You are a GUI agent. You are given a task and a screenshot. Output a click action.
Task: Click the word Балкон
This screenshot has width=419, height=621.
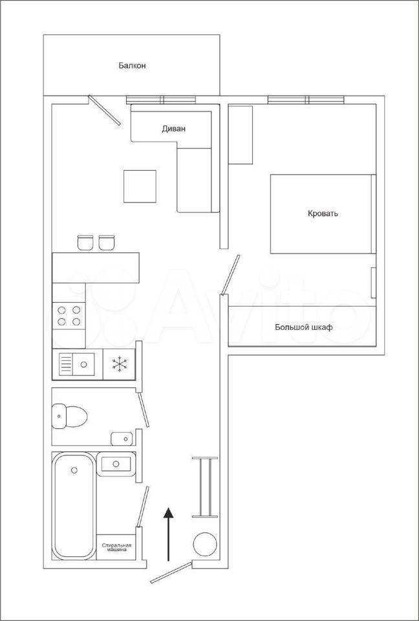(132, 66)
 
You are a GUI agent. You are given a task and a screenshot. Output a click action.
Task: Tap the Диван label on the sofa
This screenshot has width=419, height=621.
(173, 129)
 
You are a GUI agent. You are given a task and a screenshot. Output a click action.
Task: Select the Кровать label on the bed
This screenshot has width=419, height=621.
(323, 214)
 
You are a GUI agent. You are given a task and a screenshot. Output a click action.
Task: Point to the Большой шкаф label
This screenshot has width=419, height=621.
(304, 327)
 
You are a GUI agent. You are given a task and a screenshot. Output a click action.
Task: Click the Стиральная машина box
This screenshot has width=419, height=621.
(116, 547)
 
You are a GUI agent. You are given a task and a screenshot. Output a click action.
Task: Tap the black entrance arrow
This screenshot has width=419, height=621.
(169, 534)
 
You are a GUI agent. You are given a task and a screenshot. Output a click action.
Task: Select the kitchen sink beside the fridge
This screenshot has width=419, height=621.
(77, 364)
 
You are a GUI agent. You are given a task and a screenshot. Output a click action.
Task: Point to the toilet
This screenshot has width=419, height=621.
(69, 416)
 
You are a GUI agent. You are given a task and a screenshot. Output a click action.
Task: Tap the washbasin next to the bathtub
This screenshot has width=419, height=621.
(116, 464)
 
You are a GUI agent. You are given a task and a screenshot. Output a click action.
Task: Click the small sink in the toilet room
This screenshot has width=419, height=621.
(122, 439)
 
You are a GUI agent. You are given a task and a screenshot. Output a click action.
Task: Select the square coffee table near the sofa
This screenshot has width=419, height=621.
(140, 186)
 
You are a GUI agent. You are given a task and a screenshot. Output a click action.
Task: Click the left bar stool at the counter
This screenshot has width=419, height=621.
(85, 243)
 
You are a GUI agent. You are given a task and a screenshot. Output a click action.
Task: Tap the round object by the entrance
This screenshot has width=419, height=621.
(205, 544)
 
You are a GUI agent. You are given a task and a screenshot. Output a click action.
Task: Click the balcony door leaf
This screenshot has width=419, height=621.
(104, 110)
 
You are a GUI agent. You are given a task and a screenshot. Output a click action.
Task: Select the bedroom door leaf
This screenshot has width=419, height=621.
(230, 276)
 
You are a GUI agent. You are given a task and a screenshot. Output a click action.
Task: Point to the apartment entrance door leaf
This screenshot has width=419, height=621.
(171, 572)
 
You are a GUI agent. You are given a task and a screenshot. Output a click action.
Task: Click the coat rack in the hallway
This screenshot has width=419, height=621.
(205, 487)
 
